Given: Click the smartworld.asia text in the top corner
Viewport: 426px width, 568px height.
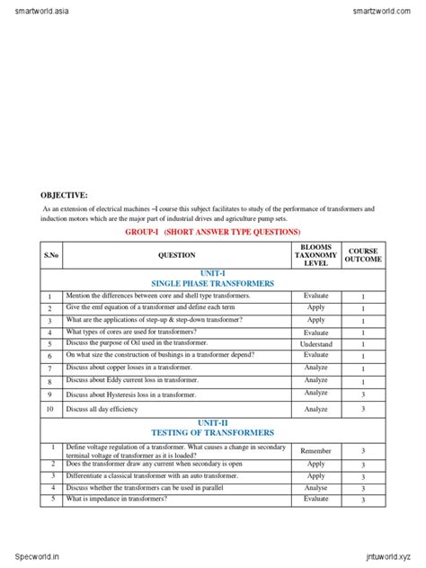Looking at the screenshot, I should [37, 9].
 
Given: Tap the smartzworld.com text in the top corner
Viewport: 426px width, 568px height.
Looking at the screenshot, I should [386, 9].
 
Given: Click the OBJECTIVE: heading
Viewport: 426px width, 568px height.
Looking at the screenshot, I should [64, 195].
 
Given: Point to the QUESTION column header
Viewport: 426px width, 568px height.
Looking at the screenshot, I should [176, 255].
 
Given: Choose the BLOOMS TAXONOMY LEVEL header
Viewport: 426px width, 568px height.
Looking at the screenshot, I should [315, 254].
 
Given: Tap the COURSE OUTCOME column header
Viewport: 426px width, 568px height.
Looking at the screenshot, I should [363, 254].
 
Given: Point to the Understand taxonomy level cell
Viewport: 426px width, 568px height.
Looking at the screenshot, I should [315, 344].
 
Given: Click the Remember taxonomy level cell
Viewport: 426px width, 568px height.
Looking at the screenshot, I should [315, 450].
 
